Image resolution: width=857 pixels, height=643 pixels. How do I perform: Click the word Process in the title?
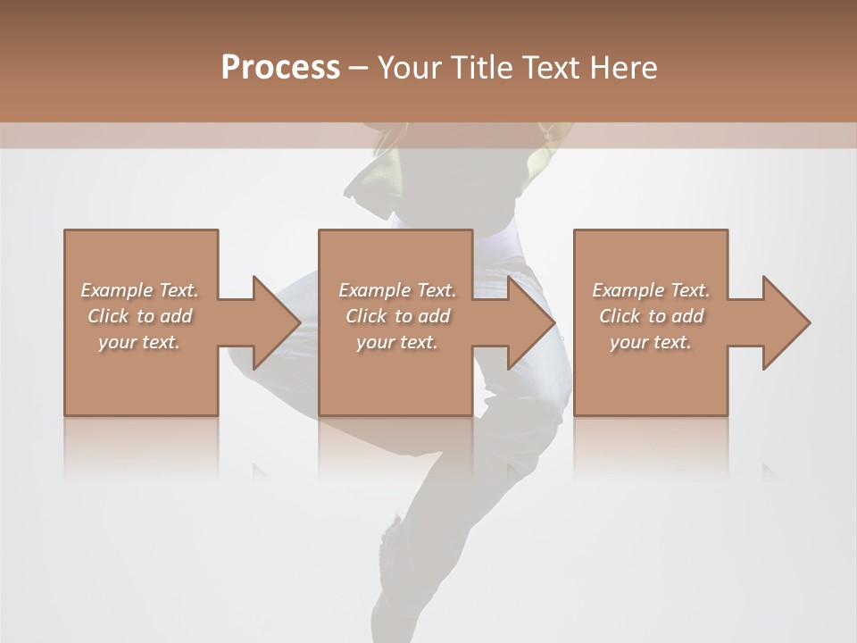tap(280, 68)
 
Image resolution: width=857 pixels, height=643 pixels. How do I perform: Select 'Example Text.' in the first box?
tap(139, 290)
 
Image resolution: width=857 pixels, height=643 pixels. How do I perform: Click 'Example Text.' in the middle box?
tap(396, 290)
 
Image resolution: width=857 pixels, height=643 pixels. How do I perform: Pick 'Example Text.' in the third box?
tap(651, 290)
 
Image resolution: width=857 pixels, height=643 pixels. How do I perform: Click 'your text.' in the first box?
tap(139, 342)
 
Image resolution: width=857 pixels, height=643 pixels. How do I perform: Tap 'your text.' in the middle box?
tap(396, 342)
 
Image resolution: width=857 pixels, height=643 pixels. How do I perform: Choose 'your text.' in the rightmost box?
tap(651, 342)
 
